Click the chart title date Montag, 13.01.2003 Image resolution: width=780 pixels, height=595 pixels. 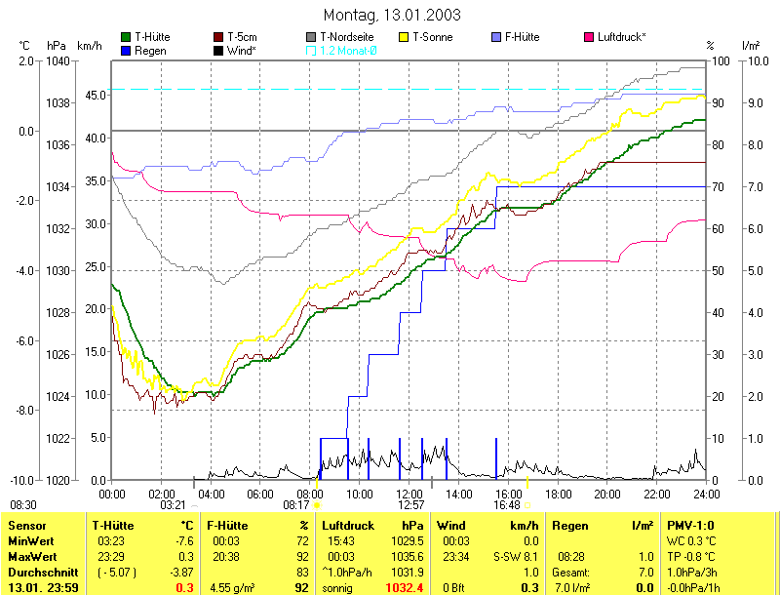click(391, 16)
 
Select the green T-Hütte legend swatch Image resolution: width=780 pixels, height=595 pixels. click(126, 37)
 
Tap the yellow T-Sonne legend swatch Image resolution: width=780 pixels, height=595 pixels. click(405, 37)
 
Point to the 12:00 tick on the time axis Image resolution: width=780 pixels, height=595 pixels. click(409, 493)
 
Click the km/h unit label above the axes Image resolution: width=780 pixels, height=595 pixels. click(89, 45)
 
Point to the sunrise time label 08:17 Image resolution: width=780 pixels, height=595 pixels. click(295, 505)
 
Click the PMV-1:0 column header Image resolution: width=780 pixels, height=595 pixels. click(690, 526)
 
